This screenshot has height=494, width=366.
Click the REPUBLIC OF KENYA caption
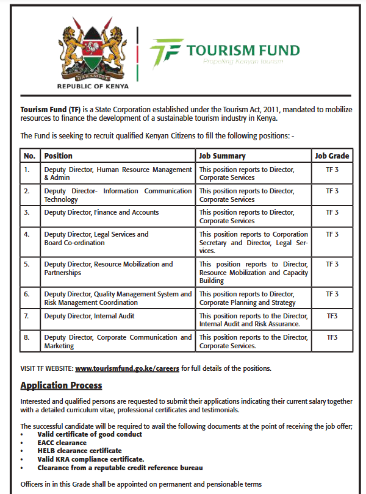[93, 86]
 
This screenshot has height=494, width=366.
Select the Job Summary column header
[223, 156]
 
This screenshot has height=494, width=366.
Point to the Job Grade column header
[332, 156]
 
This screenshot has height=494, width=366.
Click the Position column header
[59, 156]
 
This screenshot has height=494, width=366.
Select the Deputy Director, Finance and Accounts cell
[101, 212]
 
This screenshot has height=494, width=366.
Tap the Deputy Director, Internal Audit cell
[89, 316]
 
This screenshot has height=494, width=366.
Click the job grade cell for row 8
[332, 337]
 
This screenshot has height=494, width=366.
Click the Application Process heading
[61, 385]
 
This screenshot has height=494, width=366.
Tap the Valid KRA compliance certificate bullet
[90, 459]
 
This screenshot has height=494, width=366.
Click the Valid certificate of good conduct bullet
[89, 434]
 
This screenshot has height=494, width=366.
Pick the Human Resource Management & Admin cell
[118, 174]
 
